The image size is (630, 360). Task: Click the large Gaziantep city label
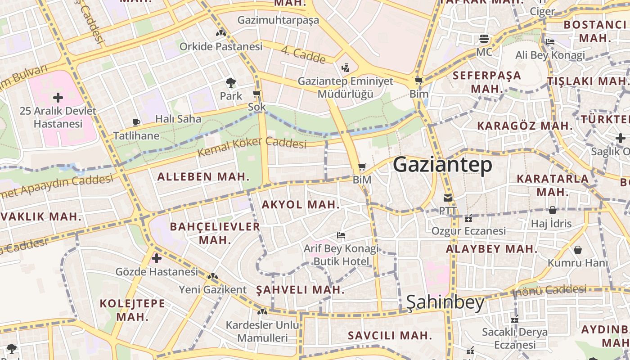(x=443, y=165)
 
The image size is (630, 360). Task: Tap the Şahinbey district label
(x=445, y=303)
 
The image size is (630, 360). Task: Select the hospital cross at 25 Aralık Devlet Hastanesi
(x=58, y=97)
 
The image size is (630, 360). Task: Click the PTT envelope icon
(x=448, y=198)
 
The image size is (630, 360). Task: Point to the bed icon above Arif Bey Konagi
(x=341, y=235)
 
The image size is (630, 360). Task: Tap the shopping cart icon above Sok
(x=256, y=94)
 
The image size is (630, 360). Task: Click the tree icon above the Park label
(x=230, y=83)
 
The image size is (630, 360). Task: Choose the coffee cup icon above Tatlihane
(x=136, y=122)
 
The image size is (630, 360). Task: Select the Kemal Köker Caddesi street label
(x=252, y=147)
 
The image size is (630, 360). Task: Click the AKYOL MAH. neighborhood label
(x=300, y=205)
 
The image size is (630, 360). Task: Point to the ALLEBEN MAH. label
(x=203, y=177)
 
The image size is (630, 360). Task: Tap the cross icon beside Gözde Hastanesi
(x=157, y=258)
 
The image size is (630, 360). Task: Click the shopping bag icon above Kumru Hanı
(x=578, y=249)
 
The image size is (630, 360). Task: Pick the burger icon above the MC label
(x=484, y=39)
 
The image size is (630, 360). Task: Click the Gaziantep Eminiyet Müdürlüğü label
(x=346, y=88)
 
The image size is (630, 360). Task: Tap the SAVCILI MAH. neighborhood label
(x=390, y=335)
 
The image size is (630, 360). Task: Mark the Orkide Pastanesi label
(x=220, y=46)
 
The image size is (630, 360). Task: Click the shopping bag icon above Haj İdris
(x=552, y=210)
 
